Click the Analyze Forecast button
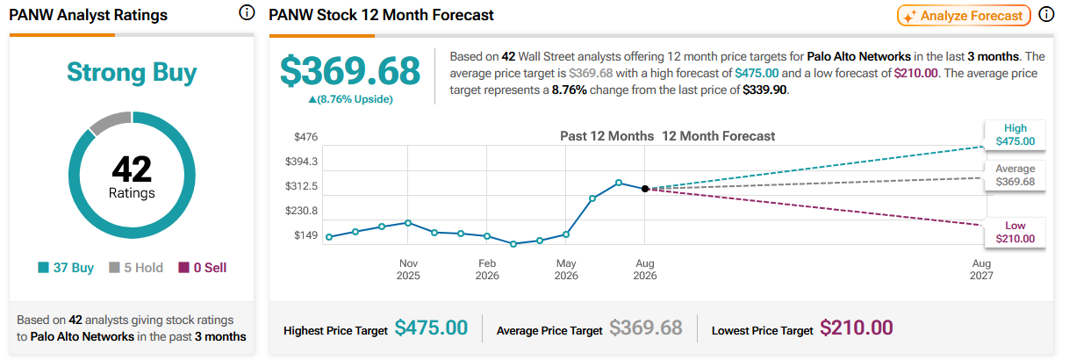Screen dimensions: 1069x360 pyautogui.click(x=964, y=16)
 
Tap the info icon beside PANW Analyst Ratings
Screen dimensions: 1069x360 pyautogui.click(x=247, y=13)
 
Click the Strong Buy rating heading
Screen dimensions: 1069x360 pyautogui.click(x=132, y=72)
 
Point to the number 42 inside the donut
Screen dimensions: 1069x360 pyautogui.click(x=132, y=169)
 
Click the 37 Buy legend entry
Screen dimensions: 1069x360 pyautogui.click(x=66, y=268)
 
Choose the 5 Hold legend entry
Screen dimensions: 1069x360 pyautogui.click(x=136, y=268)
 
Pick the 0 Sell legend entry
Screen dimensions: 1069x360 pyautogui.click(x=203, y=268)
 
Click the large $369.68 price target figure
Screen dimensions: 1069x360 pyautogui.click(x=350, y=71)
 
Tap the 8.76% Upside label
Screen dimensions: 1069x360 pyautogui.click(x=351, y=99)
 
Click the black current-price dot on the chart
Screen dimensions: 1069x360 pyautogui.click(x=645, y=189)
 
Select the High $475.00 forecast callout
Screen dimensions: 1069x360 pyautogui.click(x=1015, y=134)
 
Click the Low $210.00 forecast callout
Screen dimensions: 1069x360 pyautogui.click(x=1015, y=232)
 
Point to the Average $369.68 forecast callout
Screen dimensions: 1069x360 pyautogui.click(x=1015, y=176)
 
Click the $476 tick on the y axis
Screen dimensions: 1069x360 pyautogui.click(x=306, y=137)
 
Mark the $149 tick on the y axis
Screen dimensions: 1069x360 pyautogui.click(x=306, y=235)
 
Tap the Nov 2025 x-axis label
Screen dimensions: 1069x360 pyautogui.click(x=408, y=270)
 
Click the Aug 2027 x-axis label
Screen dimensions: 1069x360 pyautogui.click(x=981, y=270)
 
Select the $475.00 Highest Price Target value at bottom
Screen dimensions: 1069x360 pyautogui.click(x=431, y=328)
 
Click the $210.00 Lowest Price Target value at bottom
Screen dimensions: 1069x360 pyautogui.click(x=856, y=328)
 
